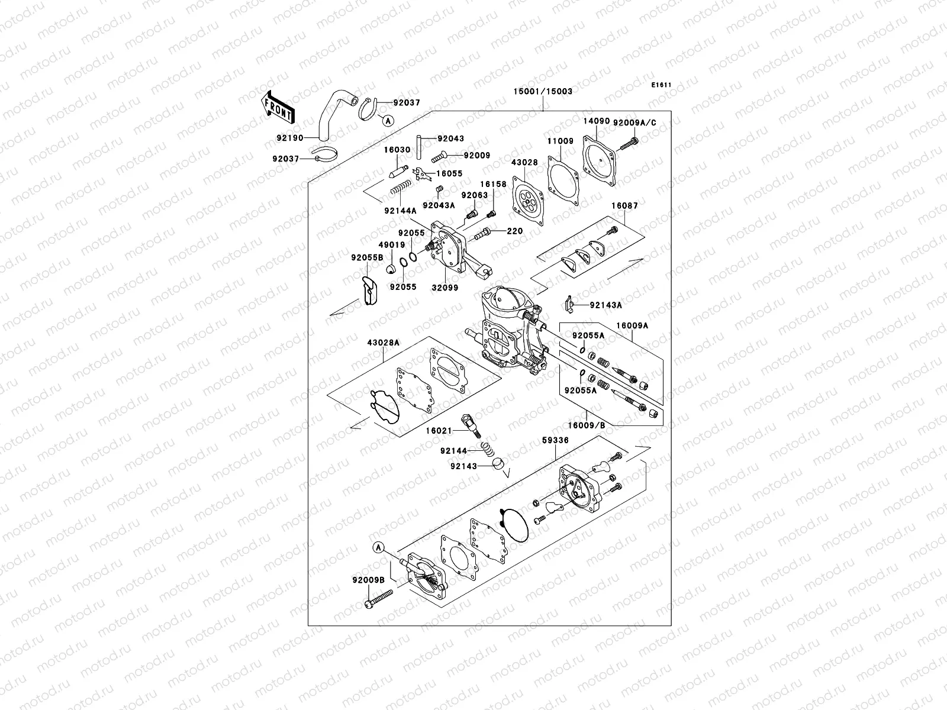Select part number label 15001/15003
pos(543,92)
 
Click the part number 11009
pos(559,142)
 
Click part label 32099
pos(446,287)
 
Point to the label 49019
pos(392,245)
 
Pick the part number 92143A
pos(605,305)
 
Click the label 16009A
pos(632,325)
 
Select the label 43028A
pos(383,343)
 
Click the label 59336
pos(555,440)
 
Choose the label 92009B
pos(366,580)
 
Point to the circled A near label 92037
pos(387,121)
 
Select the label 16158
pos(493,185)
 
